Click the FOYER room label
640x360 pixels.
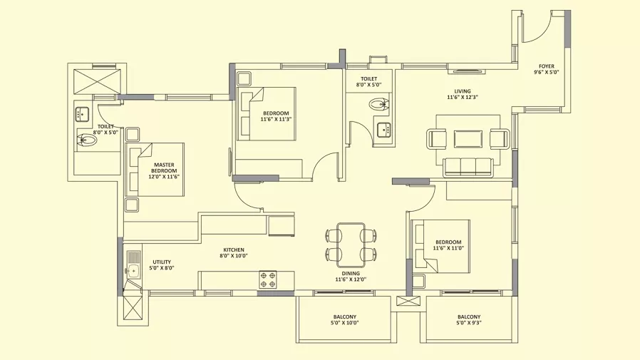(547, 66)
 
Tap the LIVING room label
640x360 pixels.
(463, 91)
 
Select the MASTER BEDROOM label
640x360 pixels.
(164, 168)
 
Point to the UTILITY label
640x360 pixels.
(162, 262)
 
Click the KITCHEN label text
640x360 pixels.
(234, 250)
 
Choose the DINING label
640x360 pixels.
(351, 274)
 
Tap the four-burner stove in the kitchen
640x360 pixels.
(267, 279)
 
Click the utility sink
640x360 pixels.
(133, 269)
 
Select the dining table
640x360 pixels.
(351, 243)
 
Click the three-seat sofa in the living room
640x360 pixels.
(468, 168)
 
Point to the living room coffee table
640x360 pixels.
(468, 139)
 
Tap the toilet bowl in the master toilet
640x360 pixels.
(86, 140)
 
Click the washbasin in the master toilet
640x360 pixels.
(83, 114)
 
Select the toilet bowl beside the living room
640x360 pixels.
(379, 104)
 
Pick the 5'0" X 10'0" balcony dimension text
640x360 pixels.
(344, 323)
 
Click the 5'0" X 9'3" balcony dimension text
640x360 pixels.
(468, 323)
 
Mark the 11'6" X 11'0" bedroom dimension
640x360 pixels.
(448, 248)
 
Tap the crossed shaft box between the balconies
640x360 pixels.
(408, 302)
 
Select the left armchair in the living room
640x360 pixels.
(437, 139)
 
